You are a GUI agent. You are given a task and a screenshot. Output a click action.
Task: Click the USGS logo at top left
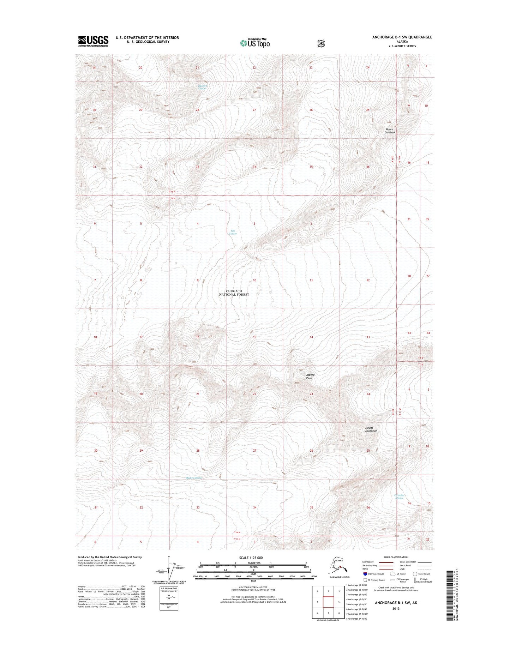(93, 41)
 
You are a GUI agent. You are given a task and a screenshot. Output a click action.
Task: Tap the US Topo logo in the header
(255, 43)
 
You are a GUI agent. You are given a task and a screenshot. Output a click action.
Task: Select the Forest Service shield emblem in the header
(321, 43)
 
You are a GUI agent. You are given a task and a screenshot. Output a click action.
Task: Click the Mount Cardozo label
(389, 131)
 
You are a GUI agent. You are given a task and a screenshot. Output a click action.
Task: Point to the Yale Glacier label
(233, 232)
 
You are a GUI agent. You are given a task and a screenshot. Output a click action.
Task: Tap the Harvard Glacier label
(203, 87)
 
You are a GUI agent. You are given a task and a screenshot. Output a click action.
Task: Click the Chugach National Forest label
(234, 293)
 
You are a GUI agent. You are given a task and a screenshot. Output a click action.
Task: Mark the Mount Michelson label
(371, 429)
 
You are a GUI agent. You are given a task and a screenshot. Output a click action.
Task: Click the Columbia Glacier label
(399, 496)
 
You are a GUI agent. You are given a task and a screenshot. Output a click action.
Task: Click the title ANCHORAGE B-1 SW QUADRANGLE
(402, 37)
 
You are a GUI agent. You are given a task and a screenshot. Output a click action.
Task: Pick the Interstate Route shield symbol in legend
(365, 574)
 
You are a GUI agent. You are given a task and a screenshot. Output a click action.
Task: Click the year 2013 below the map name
(396, 608)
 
